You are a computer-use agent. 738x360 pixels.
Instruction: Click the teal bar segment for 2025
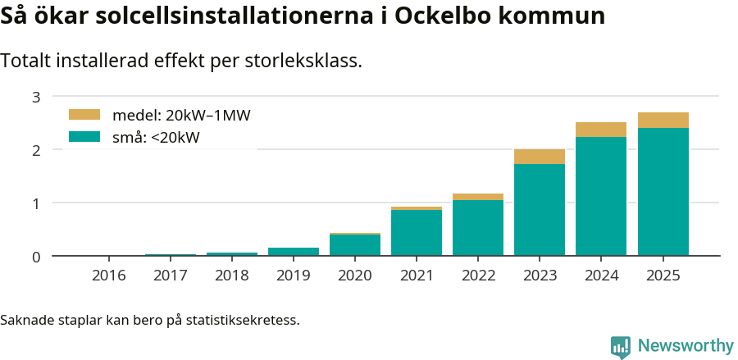pyautogui.click(x=663, y=191)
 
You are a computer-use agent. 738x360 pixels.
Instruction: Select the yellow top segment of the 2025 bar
pyautogui.click(x=663, y=120)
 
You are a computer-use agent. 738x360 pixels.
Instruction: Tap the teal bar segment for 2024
pyautogui.click(x=601, y=196)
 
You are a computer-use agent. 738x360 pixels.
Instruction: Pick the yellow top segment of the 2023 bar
pyautogui.click(x=540, y=157)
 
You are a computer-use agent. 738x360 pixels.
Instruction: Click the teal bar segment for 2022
pyautogui.click(x=478, y=227)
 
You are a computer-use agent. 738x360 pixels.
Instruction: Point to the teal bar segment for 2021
pyautogui.click(x=417, y=233)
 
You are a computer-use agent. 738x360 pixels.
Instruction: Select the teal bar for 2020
pyautogui.click(x=355, y=245)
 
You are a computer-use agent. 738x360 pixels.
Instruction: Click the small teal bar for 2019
pyautogui.click(x=294, y=251)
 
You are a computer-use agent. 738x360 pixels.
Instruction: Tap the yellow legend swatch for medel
pyautogui.click(x=84, y=115)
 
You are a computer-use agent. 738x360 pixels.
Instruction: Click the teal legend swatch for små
pyautogui.click(x=84, y=137)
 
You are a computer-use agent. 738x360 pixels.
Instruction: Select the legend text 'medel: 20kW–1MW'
pyautogui.click(x=181, y=116)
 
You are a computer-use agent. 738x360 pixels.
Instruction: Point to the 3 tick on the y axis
pyautogui.click(x=36, y=97)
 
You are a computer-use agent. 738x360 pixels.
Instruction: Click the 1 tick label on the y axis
pyautogui.click(x=36, y=203)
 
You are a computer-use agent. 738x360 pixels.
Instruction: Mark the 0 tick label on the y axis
pyautogui.click(x=36, y=257)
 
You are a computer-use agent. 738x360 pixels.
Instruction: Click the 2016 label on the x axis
pyautogui.click(x=109, y=276)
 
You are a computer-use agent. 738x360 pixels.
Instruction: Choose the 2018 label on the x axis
pyautogui.click(x=232, y=276)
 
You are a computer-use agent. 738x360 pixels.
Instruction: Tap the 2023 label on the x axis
pyautogui.click(x=540, y=276)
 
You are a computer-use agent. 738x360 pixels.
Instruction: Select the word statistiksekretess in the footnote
pyautogui.click(x=243, y=319)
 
